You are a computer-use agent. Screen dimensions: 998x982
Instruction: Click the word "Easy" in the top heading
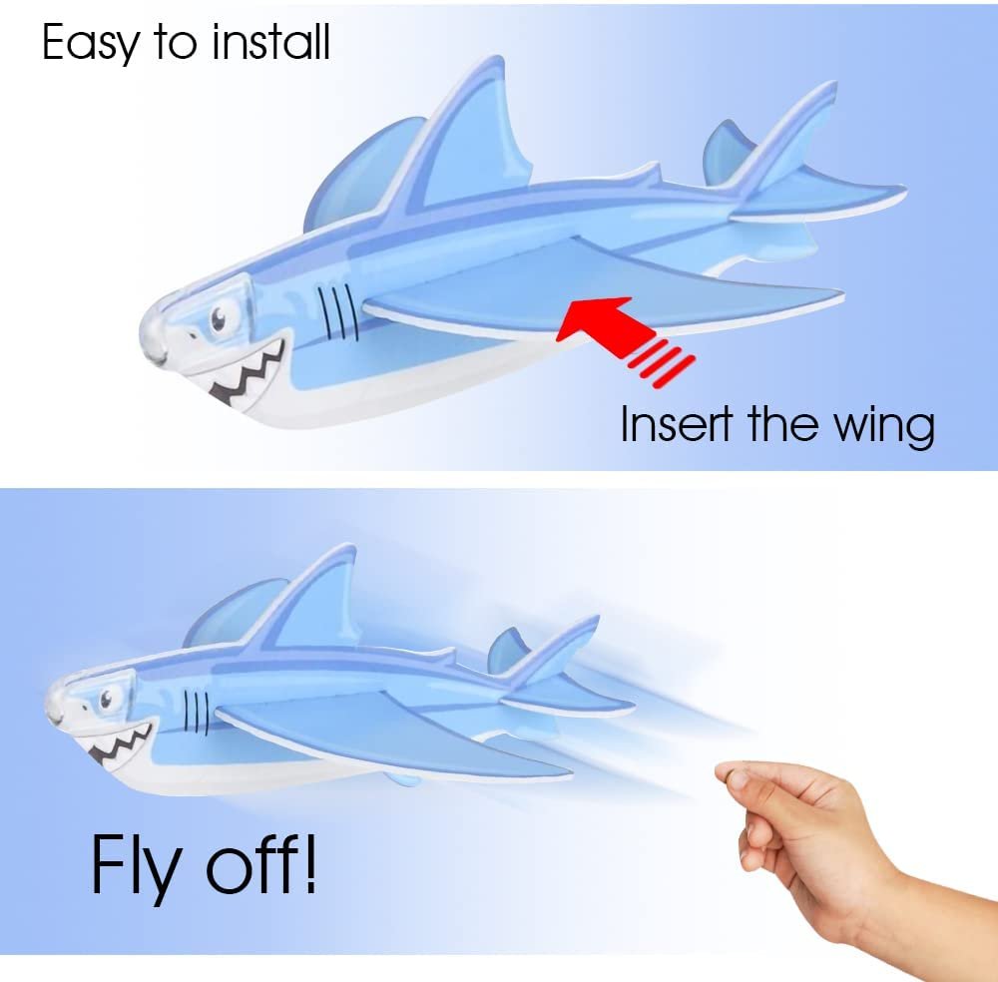coord(90,43)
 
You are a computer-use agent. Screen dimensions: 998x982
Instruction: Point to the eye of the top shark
coord(219,316)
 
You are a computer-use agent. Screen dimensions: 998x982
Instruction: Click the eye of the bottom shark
coord(105,698)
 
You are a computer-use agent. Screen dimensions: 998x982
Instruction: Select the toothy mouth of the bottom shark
coord(121,743)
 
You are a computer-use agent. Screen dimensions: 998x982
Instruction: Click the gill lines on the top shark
coord(338,311)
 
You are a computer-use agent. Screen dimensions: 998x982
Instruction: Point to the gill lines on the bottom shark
coord(197,711)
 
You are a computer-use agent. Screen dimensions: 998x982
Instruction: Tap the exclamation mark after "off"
coord(308,862)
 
